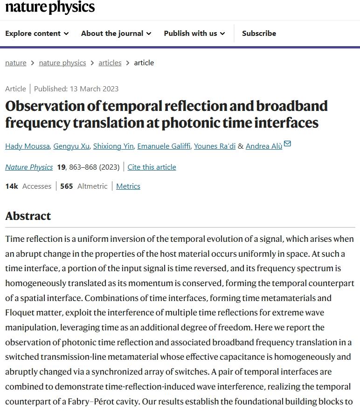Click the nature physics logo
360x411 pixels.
50,7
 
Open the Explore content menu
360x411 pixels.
37,34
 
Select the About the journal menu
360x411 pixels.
116,34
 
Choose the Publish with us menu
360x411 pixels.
194,34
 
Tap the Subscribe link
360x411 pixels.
259,34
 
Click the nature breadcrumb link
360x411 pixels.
16,63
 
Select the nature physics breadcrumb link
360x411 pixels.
62,63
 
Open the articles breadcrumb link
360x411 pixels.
110,63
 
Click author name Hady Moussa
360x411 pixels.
27,146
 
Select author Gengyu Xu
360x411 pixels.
71,146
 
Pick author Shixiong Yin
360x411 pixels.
113,146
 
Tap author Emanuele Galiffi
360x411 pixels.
164,146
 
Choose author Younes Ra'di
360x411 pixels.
215,146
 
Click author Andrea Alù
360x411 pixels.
264,146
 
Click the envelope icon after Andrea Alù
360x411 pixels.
288,144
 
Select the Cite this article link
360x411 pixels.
152,167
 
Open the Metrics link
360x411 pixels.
128,186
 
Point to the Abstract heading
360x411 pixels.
28,216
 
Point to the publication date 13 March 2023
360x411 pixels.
94,89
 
